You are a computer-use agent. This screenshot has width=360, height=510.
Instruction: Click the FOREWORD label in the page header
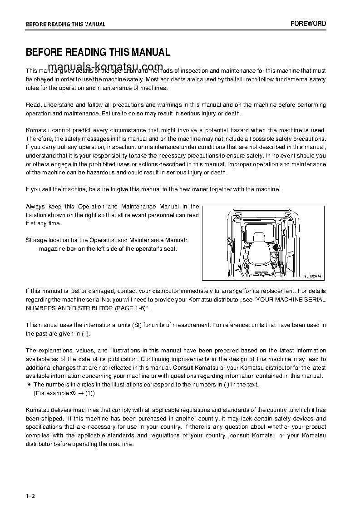(x=308, y=24)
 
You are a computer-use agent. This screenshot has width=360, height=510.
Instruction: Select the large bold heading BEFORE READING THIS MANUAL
(x=98, y=53)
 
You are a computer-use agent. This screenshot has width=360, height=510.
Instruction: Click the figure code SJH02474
(x=313, y=276)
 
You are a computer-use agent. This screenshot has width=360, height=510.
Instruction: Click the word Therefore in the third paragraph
(x=40, y=139)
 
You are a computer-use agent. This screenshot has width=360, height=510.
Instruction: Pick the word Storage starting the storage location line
(x=37, y=240)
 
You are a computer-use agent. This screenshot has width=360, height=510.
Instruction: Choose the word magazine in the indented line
(x=52, y=248)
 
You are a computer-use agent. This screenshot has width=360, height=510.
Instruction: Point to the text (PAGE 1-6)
(x=130, y=308)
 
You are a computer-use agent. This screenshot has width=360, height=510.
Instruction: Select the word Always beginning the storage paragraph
(x=35, y=207)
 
